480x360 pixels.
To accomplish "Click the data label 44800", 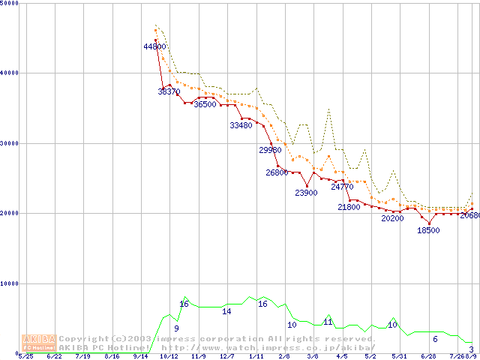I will pos(154,46).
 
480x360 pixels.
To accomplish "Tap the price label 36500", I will pos(205,105).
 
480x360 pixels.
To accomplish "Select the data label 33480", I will pos(241,125).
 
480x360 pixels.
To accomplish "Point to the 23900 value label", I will pos(306,193).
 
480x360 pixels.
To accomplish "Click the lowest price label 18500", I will pos(428,230).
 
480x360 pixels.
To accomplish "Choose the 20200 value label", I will pos(392,218).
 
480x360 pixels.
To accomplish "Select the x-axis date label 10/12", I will pos(169,357).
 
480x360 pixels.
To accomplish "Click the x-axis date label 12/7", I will pos(226,357).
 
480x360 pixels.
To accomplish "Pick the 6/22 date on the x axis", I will pos(55,357).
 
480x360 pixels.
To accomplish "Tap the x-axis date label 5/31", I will pos(399,357).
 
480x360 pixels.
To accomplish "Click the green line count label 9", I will pos(176,328).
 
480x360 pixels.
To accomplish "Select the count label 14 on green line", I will pos(226,310).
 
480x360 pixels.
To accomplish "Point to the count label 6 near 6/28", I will pos(435,339).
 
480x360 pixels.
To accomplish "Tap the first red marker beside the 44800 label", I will pos(155,40).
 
